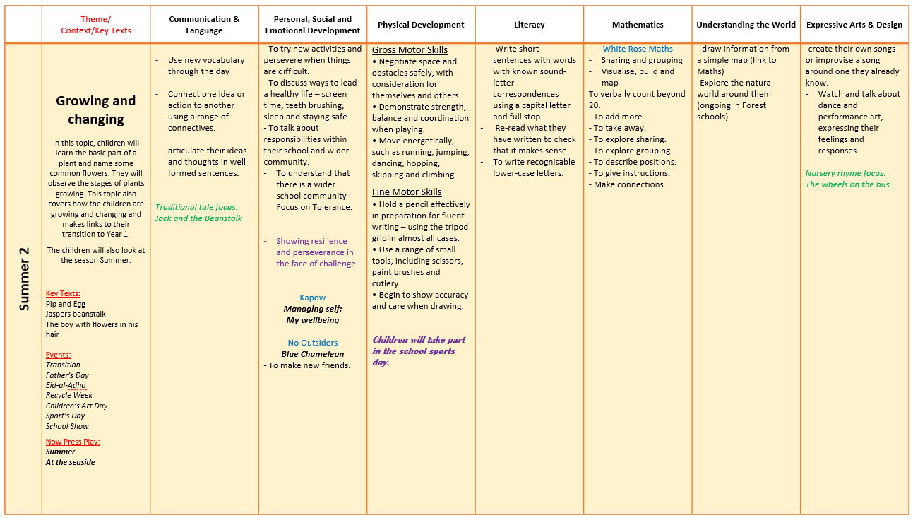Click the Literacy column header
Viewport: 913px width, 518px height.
[529, 25]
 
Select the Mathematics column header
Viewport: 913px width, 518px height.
[638, 25]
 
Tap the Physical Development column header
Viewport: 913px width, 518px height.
[421, 25]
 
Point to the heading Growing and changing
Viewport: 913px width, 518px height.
[95, 110]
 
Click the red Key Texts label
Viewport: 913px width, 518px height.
[63, 293]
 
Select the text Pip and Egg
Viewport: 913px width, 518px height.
[66, 304]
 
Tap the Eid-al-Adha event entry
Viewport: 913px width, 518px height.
[66, 385]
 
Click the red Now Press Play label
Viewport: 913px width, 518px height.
[73, 442]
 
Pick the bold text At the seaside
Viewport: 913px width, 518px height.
[70, 462]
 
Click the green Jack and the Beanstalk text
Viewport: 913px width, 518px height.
[198, 218]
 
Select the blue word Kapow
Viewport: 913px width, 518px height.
[312, 298]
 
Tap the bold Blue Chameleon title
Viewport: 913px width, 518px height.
[312, 354]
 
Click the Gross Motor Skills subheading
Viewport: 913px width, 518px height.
[410, 50]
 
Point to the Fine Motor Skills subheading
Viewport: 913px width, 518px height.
[407, 192]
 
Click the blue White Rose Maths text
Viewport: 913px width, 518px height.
[638, 49]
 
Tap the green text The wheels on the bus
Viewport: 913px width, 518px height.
[847, 184]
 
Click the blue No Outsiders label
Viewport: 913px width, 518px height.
[312, 343]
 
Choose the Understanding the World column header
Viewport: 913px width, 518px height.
[746, 25]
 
